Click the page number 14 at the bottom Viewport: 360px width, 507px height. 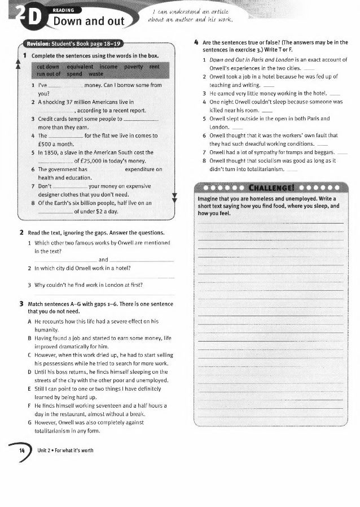click(21, 451)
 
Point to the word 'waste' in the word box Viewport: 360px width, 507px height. click(96, 74)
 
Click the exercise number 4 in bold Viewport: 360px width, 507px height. click(195, 42)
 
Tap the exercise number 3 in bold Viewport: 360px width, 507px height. click(21, 304)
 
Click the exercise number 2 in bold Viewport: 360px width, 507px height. click(21, 233)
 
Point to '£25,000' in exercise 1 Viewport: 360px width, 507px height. click(91, 161)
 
